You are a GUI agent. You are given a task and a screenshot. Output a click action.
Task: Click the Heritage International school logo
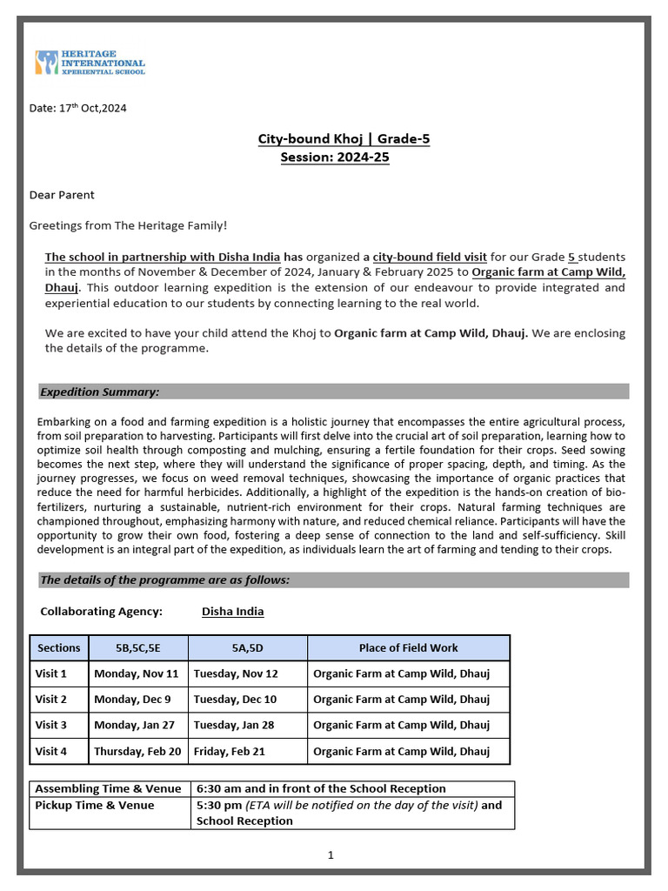(90, 62)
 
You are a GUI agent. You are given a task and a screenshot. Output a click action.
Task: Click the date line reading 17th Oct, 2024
(78, 108)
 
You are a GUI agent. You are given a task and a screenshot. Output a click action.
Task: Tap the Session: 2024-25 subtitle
(334, 157)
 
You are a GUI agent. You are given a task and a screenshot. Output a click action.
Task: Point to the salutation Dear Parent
(62, 195)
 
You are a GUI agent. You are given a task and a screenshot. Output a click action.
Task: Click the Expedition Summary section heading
(99, 392)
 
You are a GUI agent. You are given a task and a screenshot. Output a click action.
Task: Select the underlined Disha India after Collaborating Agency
(232, 612)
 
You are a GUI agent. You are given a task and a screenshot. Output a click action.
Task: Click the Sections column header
(58, 647)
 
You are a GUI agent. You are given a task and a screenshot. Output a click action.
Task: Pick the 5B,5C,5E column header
(137, 647)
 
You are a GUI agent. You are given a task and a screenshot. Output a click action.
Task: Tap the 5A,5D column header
(248, 647)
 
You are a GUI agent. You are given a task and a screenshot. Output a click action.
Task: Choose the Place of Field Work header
(408, 647)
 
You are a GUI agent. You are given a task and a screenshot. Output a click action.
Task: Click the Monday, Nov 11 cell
(137, 673)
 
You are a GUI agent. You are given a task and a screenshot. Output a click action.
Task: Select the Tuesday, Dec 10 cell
(235, 700)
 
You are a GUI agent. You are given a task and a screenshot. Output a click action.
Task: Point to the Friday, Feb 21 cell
(230, 751)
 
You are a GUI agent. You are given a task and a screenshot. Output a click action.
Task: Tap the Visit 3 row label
(50, 725)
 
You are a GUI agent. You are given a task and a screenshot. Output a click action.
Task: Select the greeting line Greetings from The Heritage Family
(128, 225)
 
